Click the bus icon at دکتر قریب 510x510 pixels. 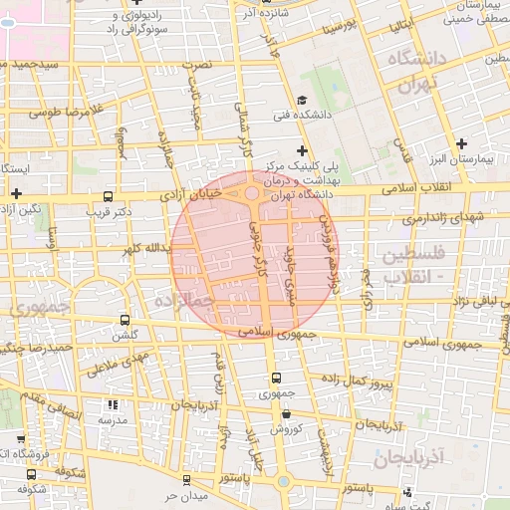108,196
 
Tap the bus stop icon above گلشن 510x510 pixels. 125,320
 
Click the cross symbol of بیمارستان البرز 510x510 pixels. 461,143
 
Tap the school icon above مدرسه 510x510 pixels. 113,405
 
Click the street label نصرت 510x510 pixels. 203,64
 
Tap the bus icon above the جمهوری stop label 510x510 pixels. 276,379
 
